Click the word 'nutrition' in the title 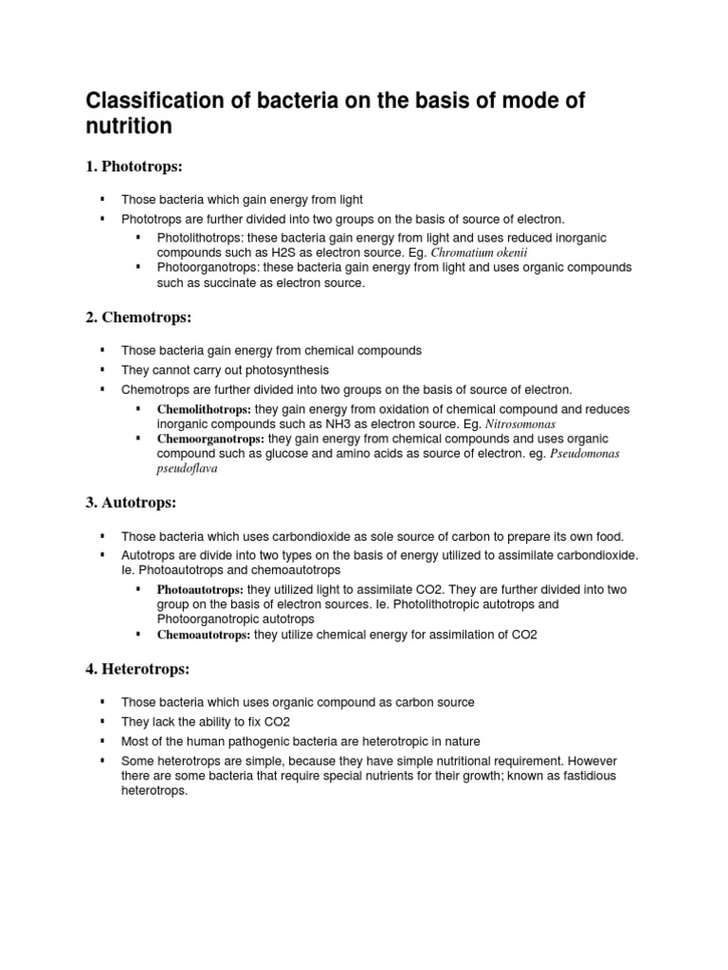click(129, 126)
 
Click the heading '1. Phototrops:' click(134, 167)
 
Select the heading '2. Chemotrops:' click(137, 317)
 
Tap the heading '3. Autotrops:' click(131, 502)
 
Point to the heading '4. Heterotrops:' click(137, 669)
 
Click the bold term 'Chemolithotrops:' click(204, 409)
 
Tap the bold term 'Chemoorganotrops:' click(210, 440)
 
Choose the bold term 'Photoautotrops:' click(203, 589)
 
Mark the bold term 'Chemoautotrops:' click(203, 635)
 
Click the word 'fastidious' click(587, 777)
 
